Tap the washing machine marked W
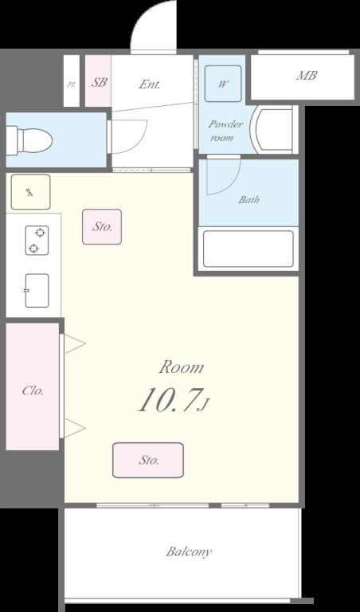[x=223, y=84]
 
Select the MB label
[x=307, y=76]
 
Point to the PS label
[x=71, y=84]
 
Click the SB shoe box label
[x=99, y=82]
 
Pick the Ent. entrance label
[x=150, y=84]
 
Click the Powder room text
[x=225, y=131]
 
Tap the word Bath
[x=248, y=200]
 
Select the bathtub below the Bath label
[x=248, y=249]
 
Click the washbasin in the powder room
[x=273, y=131]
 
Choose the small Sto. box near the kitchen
[x=102, y=227]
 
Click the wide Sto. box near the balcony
[x=148, y=460]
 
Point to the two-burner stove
[x=37, y=241]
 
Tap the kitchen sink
[x=37, y=290]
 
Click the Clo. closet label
[x=33, y=390]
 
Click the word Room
[x=182, y=367]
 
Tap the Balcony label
[x=189, y=552]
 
